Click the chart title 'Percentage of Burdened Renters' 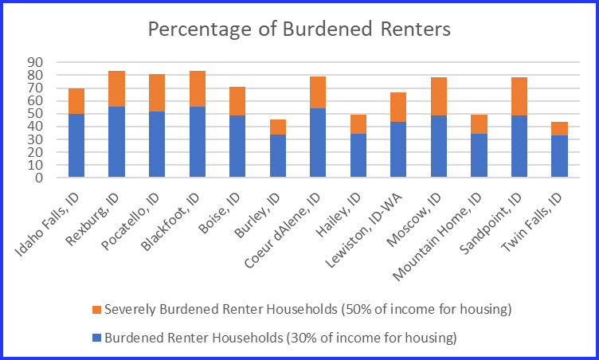[299, 30]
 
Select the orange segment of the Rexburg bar [116, 88]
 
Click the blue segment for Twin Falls [560, 156]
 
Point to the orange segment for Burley [277, 127]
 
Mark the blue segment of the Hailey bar [358, 155]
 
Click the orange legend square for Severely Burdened [97, 309]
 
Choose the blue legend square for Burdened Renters [97, 338]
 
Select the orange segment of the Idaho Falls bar [76, 101]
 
